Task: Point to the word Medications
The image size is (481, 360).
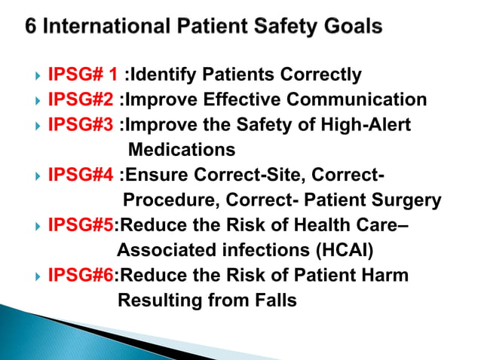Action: click(x=182, y=149)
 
